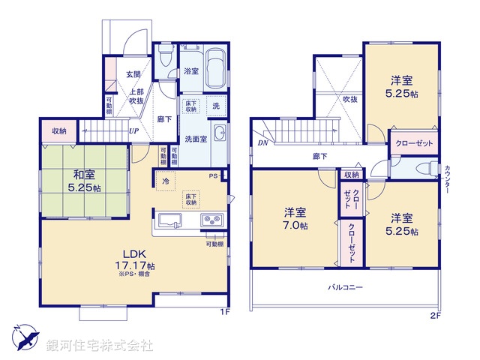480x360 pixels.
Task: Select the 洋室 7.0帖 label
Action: click(294, 219)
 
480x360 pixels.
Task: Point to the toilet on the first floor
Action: click(166, 58)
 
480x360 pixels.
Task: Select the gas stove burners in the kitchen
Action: click(211, 220)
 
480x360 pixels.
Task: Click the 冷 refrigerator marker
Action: click(163, 182)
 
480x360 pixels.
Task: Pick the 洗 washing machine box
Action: click(216, 106)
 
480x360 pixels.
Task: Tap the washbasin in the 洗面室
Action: click(220, 134)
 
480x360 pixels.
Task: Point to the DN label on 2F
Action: click(262, 142)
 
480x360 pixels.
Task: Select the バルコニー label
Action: click(344, 287)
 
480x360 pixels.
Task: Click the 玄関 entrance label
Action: click(133, 73)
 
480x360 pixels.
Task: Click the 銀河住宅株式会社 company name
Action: click(100, 346)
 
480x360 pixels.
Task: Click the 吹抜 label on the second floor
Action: click(350, 97)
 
